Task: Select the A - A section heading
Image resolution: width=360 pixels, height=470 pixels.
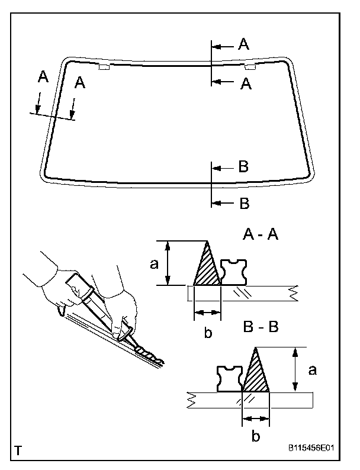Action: tap(261, 235)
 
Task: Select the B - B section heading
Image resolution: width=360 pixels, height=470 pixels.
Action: tap(261, 327)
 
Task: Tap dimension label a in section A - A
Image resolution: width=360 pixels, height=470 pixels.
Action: tap(154, 264)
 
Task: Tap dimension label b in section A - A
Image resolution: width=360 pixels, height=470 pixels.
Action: tap(208, 332)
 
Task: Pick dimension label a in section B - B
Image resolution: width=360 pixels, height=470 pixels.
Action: tap(313, 370)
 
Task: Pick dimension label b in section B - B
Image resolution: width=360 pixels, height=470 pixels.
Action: tap(255, 437)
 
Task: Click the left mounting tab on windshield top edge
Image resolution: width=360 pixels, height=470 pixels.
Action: tap(104, 67)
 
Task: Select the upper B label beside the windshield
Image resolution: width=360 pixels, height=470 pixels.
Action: tap(243, 167)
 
